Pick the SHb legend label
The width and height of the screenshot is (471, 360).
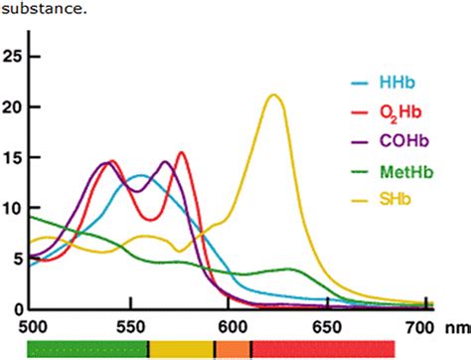click(x=392, y=201)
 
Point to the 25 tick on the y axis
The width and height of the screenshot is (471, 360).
click(x=12, y=56)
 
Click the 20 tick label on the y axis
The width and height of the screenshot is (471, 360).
click(x=12, y=106)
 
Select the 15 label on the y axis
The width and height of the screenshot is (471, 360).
click(x=12, y=157)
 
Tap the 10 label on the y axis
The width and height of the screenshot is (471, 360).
click(x=12, y=208)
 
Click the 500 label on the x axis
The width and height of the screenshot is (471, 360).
click(x=33, y=325)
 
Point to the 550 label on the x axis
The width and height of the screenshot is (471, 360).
click(x=131, y=325)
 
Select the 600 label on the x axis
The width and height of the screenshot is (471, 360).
click(x=229, y=325)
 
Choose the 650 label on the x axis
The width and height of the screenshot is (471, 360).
click(x=327, y=325)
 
